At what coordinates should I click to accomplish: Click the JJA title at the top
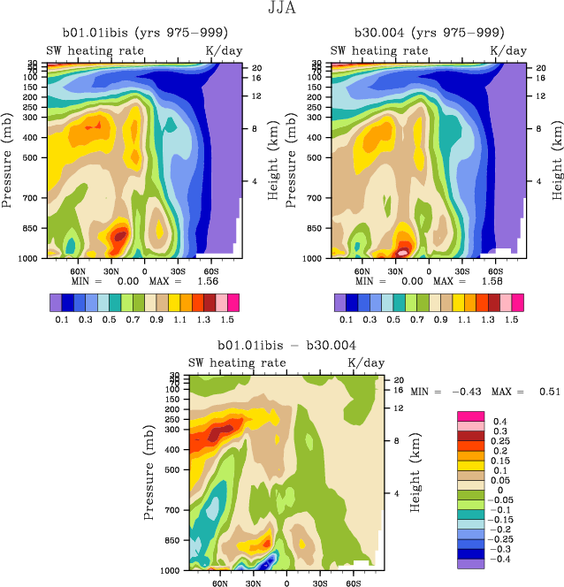click(x=281, y=9)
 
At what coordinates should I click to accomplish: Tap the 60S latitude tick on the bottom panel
click(x=352, y=583)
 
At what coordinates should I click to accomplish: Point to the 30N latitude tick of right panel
click(x=395, y=271)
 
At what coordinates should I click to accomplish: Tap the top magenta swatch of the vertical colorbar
click(x=470, y=415)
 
